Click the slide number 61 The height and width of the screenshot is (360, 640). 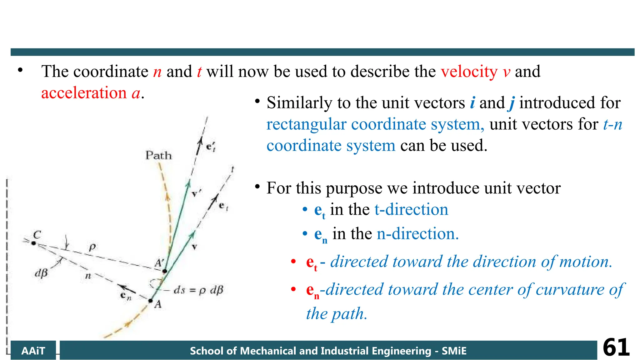(x=616, y=347)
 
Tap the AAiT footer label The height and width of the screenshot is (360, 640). (x=33, y=351)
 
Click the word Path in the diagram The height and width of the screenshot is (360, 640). (x=159, y=155)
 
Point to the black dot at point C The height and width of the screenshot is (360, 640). (x=34, y=243)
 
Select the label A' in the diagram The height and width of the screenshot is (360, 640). (x=159, y=263)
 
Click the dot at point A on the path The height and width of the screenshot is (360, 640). (x=151, y=301)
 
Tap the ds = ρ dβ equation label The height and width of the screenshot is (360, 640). (x=198, y=290)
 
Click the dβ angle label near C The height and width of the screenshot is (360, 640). (x=41, y=273)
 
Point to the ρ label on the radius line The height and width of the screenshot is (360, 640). (x=92, y=247)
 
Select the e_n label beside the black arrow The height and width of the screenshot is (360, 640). (x=126, y=296)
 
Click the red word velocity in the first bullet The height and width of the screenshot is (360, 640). (x=469, y=72)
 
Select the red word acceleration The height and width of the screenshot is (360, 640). (x=84, y=93)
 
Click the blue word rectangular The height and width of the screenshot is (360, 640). (x=306, y=124)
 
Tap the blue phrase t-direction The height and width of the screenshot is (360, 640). (x=411, y=209)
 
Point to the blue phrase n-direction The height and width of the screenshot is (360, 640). (x=417, y=234)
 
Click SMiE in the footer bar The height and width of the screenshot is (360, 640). (x=454, y=351)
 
